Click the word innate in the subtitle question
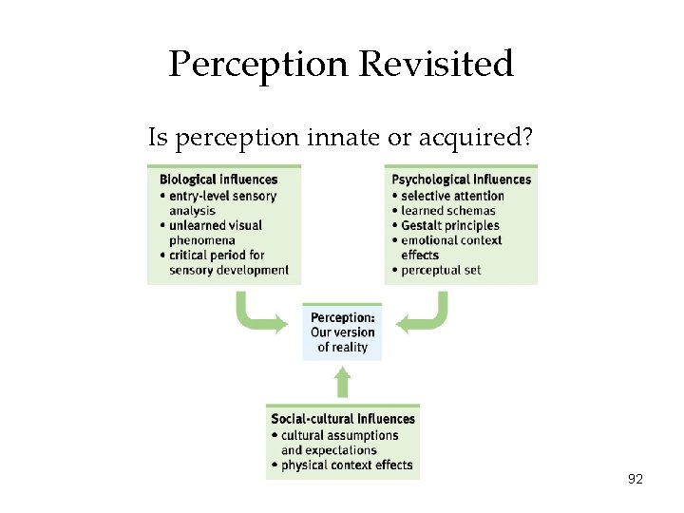[338, 138]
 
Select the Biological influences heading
[218, 180]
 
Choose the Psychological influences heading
[461, 180]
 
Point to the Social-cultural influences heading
[343, 419]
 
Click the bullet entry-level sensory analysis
[222, 203]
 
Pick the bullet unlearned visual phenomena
[215, 233]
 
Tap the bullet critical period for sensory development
[228, 262]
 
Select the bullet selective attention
[452, 196]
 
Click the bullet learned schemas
[447, 211]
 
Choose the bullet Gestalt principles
[449, 225]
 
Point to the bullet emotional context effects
[455, 247]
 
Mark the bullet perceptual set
[440, 270]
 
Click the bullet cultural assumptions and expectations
[338, 443]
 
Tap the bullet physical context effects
[346, 465]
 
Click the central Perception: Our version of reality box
[342, 332]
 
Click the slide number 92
[636, 480]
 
